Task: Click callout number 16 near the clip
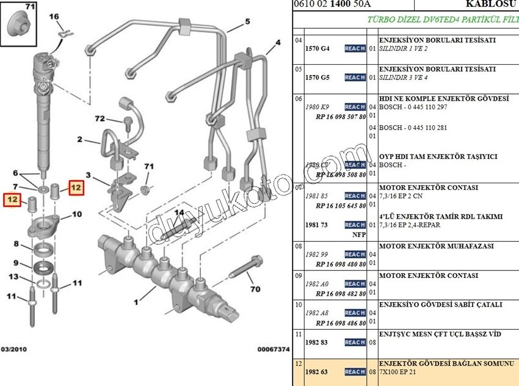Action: [x=53, y=16]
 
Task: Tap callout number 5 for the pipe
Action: [x=247, y=22]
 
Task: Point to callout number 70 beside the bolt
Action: [x=255, y=289]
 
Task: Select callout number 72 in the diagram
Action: [x=100, y=118]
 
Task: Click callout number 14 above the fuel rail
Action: [x=178, y=213]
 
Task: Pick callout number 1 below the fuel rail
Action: [x=136, y=300]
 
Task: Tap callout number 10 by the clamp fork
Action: [x=76, y=214]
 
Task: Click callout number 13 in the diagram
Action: [x=12, y=277]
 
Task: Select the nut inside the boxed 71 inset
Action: [x=18, y=27]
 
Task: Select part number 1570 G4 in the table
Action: [x=317, y=48]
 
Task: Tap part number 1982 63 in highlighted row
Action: [x=316, y=371]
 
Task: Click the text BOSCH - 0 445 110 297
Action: [x=413, y=106]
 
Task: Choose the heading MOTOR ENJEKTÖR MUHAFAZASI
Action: [x=436, y=246]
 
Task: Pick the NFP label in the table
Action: [x=359, y=234]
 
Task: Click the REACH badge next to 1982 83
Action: [x=355, y=343]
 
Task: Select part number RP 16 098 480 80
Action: [x=341, y=264]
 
